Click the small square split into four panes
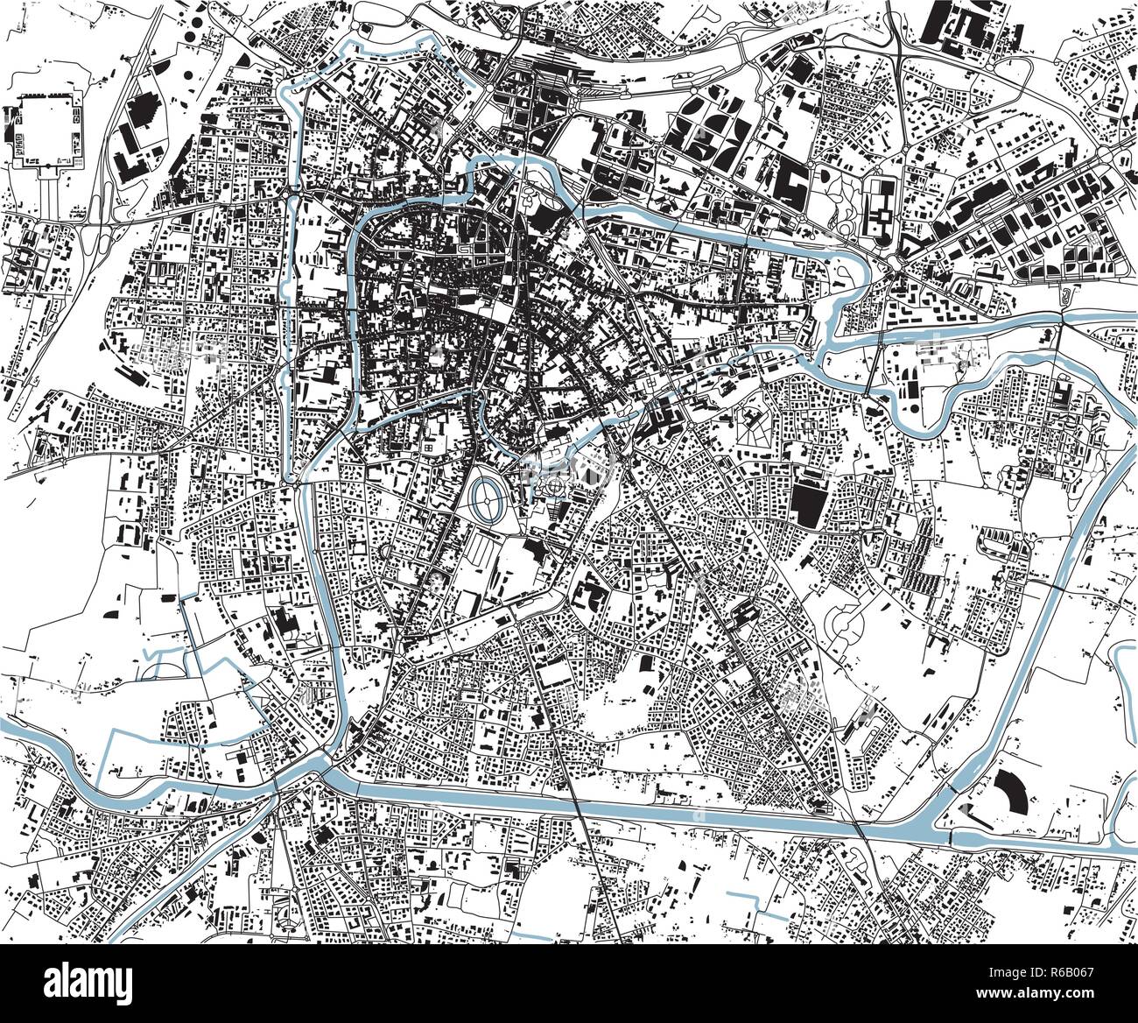[x=429, y=447]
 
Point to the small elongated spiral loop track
[x=1065, y=296]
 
